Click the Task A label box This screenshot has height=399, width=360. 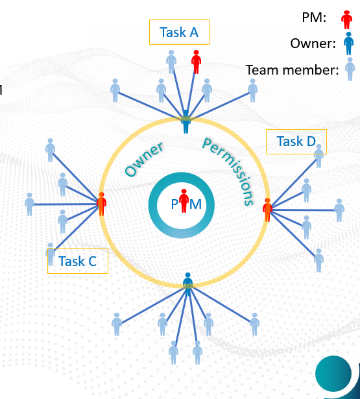[x=179, y=32]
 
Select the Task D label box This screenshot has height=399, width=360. [x=296, y=141]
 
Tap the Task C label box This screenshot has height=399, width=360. [x=77, y=261]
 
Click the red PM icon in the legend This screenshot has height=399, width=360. [x=347, y=19]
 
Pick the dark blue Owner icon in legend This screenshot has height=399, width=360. [x=348, y=43]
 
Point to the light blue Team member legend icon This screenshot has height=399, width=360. [x=350, y=69]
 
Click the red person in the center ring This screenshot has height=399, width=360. [x=184, y=201]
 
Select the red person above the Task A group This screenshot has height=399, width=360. [x=197, y=63]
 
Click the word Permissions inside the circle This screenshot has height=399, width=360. [x=228, y=171]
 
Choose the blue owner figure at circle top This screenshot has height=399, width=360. [x=186, y=121]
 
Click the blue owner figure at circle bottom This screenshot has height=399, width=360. [x=187, y=284]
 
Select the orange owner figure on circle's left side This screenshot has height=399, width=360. [x=101, y=204]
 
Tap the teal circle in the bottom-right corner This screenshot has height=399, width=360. [x=333, y=374]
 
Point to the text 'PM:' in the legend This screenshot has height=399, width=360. [x=314, y=19]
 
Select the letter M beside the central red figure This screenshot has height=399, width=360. [x=195, y=204]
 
